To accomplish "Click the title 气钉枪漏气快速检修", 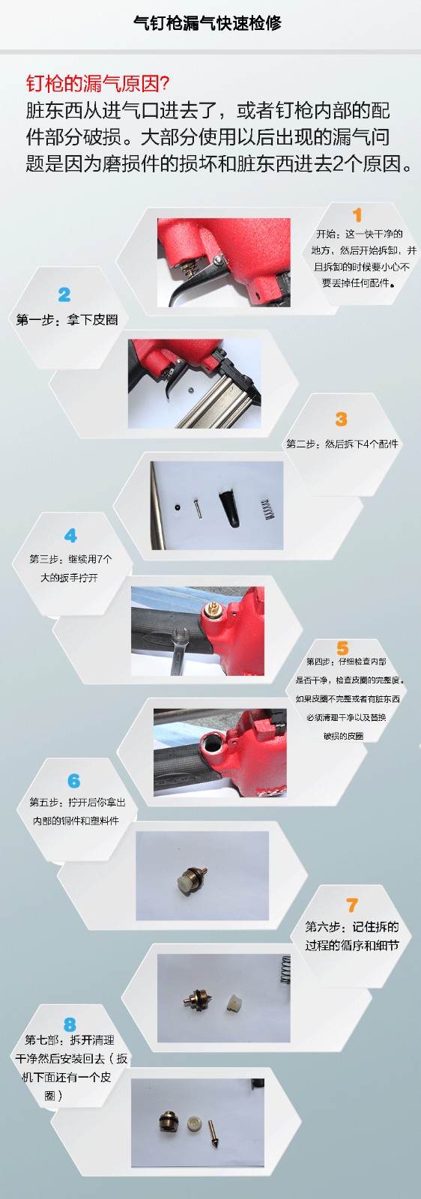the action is (207, 23).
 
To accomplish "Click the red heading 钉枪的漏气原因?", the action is (98, 83).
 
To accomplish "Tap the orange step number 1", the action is (357, 215).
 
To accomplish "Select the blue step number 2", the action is (64, 295).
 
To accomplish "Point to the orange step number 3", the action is (342, 419).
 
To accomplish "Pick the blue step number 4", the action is (70, 536).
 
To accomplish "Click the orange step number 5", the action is (342, 648).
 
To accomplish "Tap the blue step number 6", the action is (74, 781).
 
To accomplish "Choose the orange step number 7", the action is (351, 905).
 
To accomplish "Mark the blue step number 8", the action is (70, 1024).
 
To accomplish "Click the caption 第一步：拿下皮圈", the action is (67, 320).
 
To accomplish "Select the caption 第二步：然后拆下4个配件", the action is (342, 444).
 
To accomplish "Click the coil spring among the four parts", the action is (267, 509).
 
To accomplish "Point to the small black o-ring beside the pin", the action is (177, 504).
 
